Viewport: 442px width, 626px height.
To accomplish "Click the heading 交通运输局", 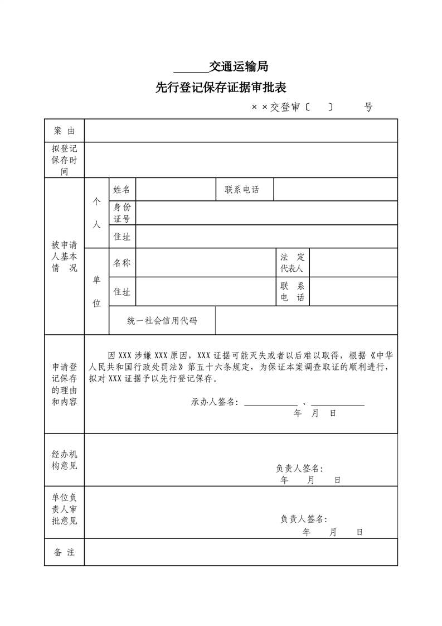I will [239, 67].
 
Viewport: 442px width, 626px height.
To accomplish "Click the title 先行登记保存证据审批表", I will [221, 88].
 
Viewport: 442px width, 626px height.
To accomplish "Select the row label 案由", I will [64, 131].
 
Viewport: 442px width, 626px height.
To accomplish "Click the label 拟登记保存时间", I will [64, 160].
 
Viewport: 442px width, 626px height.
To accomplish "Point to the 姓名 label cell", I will [122, 190].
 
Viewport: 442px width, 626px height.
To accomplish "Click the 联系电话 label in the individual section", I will [242, 190].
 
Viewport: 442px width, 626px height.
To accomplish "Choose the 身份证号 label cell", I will [122, 213].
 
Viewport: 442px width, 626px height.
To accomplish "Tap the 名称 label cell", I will [122, 262].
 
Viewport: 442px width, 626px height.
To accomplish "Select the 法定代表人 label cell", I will [293, 262].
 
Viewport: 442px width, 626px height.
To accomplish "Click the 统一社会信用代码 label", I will [162, 320].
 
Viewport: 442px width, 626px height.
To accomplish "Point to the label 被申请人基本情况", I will [64, 256].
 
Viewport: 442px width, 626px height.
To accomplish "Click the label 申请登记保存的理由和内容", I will [64, 384].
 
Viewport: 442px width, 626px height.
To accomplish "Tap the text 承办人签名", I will [215, 402].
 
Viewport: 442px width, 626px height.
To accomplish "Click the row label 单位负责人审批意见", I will [64, 509].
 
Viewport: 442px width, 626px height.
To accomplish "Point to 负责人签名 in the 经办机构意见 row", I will [299, 468].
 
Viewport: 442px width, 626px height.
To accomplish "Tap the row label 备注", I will [64, 552].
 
